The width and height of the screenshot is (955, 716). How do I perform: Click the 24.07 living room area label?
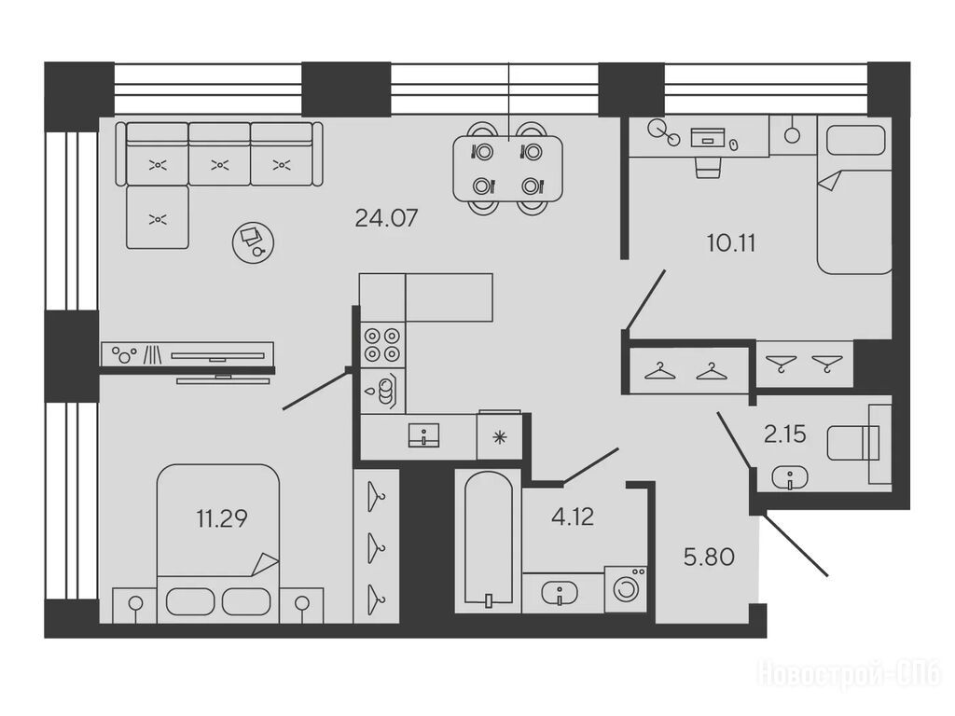[x=386, y=218]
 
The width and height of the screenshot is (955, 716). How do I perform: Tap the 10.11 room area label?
[x=731, y=243]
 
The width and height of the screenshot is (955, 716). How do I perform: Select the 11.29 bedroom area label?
[x=222, y=519]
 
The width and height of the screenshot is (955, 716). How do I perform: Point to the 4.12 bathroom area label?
[x=572, y=516]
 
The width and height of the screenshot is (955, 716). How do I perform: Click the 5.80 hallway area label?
[x=709, y=558]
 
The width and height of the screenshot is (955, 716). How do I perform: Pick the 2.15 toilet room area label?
[x=784, y=434]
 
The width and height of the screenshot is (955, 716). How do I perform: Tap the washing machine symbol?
[x=626, y=589]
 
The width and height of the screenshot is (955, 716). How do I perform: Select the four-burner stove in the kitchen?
[x=381, y=345]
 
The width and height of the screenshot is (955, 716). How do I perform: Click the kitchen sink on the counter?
[x=424, y=435]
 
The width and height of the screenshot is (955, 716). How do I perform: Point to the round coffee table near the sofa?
[x=253, y=242]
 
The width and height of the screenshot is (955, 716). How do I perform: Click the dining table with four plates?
[x=507, y=169]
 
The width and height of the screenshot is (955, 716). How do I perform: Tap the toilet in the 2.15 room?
[x=852, y=443]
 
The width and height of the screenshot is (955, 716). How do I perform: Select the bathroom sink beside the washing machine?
[x=560, y=592]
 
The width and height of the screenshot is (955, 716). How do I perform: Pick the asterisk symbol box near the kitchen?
[x=500, y=436]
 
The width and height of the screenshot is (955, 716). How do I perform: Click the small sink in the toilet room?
[x=790, y=477]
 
